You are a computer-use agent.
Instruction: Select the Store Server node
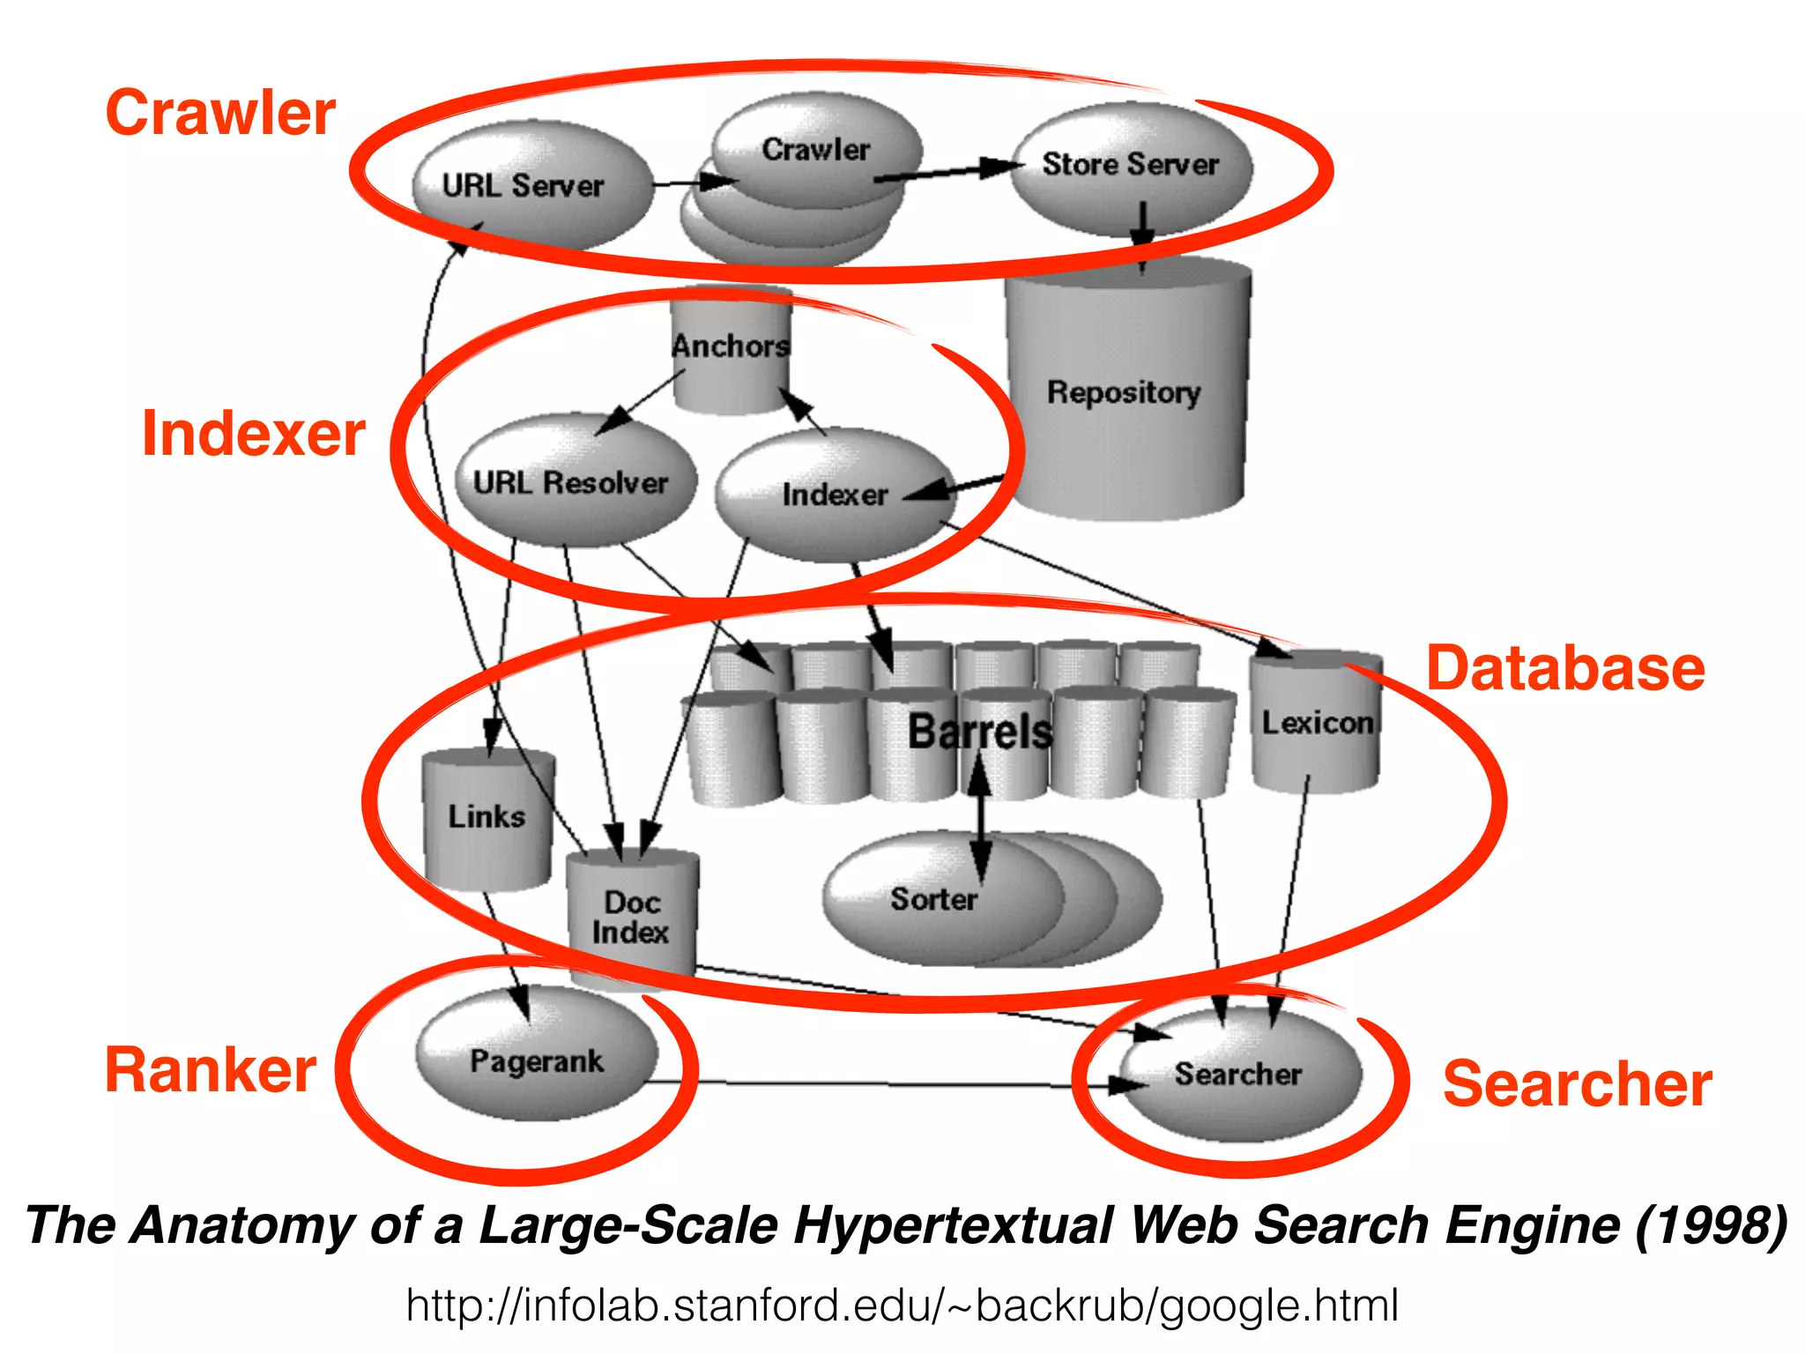pyautogui.click(x=1131, y=166)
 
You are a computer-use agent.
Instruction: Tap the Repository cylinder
pyautogui.click(x=1125, y=391)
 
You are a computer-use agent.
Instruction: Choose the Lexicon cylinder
pyautogui.click(x=1317, y=723)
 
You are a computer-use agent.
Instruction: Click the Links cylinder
pyautogui.click(x=487, y=817)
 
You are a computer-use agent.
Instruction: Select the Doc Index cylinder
pyautogui.click(x=631, y=917)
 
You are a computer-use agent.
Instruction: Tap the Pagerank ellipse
pyautogui.click(x=537, y=1060)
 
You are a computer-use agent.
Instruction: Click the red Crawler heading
pyautogui.click(x=220, y=113)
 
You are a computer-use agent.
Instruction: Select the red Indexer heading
pyautogui.click(x=254, y=434)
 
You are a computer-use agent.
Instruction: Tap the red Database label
pyautogui.click(x=1565, y=668)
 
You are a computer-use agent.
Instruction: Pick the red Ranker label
pyautogui.click(x=211, y=1070)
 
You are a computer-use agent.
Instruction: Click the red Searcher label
pyautogui.click(x=1578, y=1083)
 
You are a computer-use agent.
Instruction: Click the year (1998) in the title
pyautogui.click(x=1712, y=1225)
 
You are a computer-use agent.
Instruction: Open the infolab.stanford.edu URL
pyautogui.click(x=902, y=1306)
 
